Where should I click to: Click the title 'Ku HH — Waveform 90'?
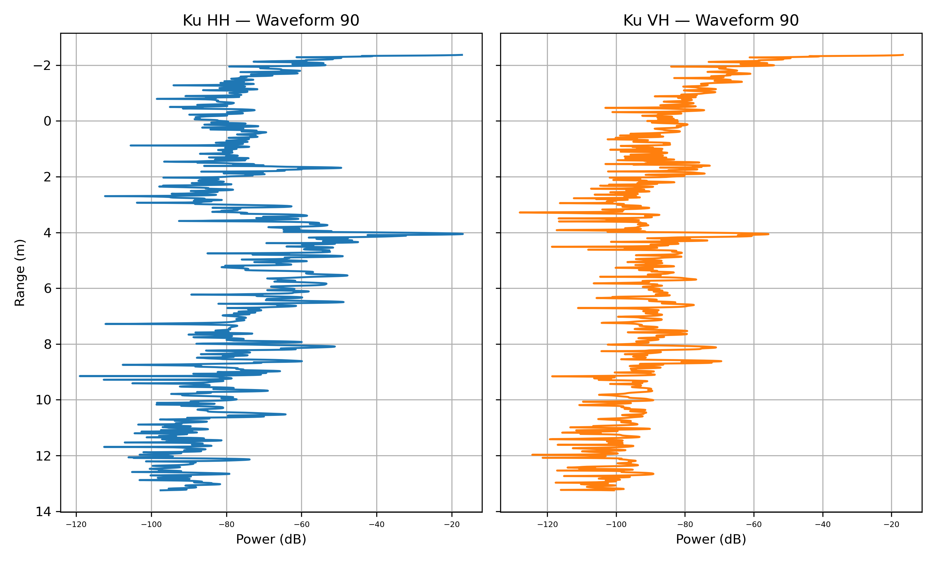click(271, 20)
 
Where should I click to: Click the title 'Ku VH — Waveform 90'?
click(711, 20)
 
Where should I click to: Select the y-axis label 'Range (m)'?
click(20, 273)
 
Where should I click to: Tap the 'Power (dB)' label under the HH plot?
click(271, 539)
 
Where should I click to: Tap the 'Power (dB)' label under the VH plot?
click(711, 539)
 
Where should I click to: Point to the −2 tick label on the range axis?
click(42, 66)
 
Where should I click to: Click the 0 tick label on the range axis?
click(47, 121)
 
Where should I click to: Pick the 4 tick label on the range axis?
click(47, 233)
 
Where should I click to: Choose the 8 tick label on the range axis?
click(47, 344)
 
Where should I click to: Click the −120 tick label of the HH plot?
click(76, 525)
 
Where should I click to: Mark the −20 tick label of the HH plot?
click(452, 525)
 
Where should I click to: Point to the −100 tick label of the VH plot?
click(616, 525)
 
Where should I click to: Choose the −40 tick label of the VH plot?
click(822, 525)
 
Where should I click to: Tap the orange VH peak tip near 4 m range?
click(768, 234)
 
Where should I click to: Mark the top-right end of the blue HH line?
click(462, 55)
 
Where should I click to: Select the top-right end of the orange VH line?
click(903, 55)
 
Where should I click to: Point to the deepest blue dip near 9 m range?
click(80, 376)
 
